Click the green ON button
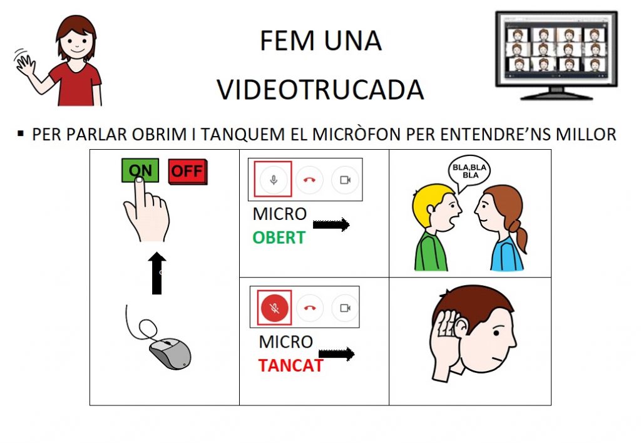point(140,170)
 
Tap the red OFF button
point(188,172)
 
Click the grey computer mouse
point(170,353)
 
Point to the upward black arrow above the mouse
point(157,273)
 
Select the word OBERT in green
point(279,237)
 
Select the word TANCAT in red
point(290,365)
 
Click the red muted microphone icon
point(274,308)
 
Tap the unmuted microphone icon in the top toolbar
point(274,179)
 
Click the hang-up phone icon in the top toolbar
point(309,180)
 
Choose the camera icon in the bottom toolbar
point(345,308)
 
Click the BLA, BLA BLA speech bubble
point(469,173)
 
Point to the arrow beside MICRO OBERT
point(331,224)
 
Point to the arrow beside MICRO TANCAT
point(336,354)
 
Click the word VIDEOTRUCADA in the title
point(320,90)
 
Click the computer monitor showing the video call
point(556,55)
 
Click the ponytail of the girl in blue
point(519,236)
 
